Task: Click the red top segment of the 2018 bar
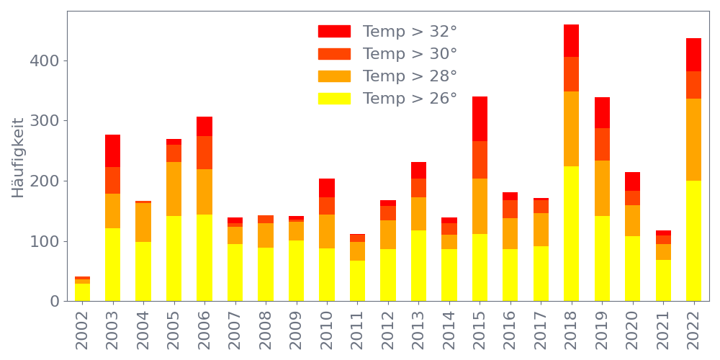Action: (571, 40)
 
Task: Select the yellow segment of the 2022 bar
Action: (693, 240)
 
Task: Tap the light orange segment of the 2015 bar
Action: (480, 206)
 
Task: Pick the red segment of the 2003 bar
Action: (112, 150)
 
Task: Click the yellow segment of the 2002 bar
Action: (82, 292)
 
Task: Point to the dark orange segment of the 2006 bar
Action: (204, 153)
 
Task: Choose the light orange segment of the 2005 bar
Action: (174, 189)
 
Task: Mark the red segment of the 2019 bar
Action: (602, 112)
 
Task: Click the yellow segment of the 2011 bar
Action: (357, 281)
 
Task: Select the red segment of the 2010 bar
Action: (327, 188)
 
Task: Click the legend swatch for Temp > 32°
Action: (334, 32)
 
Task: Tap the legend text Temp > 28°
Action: (410, 76)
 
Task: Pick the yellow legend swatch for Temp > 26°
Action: (334, 99)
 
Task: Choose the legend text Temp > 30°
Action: (410, 54)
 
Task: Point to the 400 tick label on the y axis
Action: (45, 60)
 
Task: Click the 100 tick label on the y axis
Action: (45, 241)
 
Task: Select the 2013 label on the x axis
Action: (419, 328)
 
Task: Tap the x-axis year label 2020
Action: (633, 328)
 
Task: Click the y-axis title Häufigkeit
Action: (18, 157)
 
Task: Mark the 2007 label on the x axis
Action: (235, 328)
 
